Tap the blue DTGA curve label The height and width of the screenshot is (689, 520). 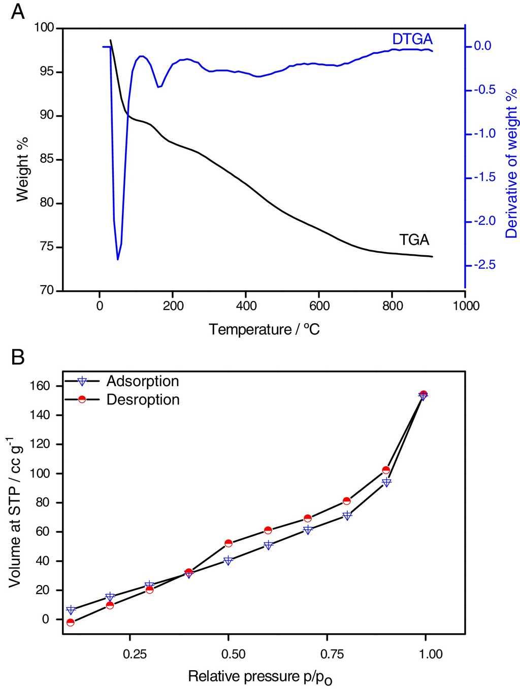[412, 39]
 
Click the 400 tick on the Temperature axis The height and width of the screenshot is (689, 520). [246, 306]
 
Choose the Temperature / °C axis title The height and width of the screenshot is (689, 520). [264, 330]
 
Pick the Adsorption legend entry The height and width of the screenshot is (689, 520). [142, 381]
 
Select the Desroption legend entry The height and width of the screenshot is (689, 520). [143, 400]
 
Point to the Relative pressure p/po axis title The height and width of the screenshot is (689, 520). [261, 677]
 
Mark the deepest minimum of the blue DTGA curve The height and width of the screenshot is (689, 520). [118, 259]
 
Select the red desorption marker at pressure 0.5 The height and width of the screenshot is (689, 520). [229, 543]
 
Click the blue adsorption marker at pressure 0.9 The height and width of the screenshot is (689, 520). [386, 483]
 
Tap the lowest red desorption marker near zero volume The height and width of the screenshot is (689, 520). [71, 623]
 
